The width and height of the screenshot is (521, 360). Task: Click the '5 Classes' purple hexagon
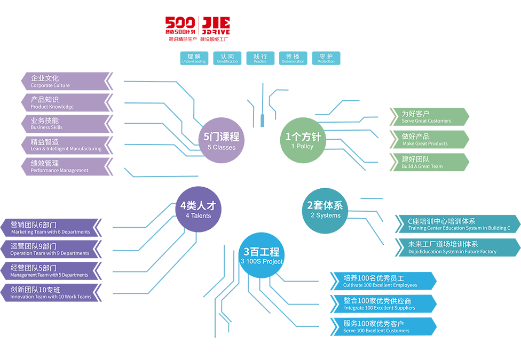[x=221, y=140]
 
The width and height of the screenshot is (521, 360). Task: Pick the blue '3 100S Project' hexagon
[x=262, y=255]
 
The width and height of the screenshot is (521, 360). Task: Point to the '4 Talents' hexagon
[x=199, y=210]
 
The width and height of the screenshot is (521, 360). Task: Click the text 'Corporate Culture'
[x=50, y=85]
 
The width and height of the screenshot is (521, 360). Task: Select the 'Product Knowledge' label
[x=52, y=107]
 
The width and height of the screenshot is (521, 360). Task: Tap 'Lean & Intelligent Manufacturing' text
[x=66, y=149]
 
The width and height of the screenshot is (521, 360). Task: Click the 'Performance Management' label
[x=59, y=171]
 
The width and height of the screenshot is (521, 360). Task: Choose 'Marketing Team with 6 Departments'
[x=51, y=232]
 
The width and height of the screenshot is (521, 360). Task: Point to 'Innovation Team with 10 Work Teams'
[x=51, y=297]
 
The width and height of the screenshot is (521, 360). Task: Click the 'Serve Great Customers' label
[x=426, y=121]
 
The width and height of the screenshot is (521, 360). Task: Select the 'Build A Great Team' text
[x=422, y=166]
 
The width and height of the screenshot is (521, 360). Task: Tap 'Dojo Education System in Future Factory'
[x=452, y=252]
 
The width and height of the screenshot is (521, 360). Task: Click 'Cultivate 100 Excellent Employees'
[x=380, y=285]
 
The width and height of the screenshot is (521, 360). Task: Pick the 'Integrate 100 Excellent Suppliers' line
[x=379, y=308]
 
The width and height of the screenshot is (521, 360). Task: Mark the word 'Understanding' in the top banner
[x=193, y=61]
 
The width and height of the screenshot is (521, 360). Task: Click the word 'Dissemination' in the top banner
[x=293, y=61]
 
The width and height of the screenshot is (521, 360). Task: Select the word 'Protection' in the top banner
[x=326, y=61]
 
